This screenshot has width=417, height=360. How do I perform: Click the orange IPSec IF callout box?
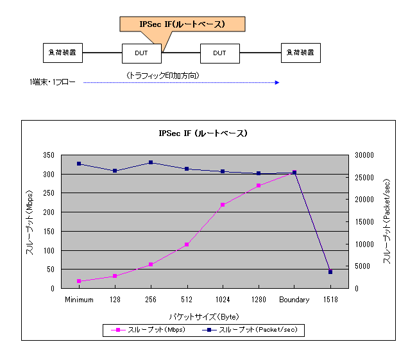click(x=182, y=24)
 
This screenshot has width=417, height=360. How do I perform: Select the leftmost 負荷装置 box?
click(x=62, y=53)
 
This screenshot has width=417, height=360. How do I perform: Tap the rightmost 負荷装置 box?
click(x=301, y=53)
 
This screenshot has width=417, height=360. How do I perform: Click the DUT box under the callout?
click(x=142, y=53)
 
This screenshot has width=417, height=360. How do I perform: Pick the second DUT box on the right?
click(x=220, y=53)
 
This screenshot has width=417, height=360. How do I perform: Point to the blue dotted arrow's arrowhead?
click(x=277, y=82)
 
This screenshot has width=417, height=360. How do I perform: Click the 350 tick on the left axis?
click(x=49, y=155)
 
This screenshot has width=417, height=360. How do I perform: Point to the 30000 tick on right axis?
click(x=364, y=155)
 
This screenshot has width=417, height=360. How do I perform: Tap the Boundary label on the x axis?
click(x=294, y=300)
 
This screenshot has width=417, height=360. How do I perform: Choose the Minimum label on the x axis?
click(x=79, y=300)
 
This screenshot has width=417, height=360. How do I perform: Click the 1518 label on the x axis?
click(x=330, y=300)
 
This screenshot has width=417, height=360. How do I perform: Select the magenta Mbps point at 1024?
click(x=223, y=205)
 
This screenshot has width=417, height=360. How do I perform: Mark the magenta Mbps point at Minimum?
click(x=79, y=281)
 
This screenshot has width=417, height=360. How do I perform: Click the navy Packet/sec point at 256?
click(x=151, y=162)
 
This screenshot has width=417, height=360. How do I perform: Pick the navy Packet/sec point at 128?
click(x=115, y=171)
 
